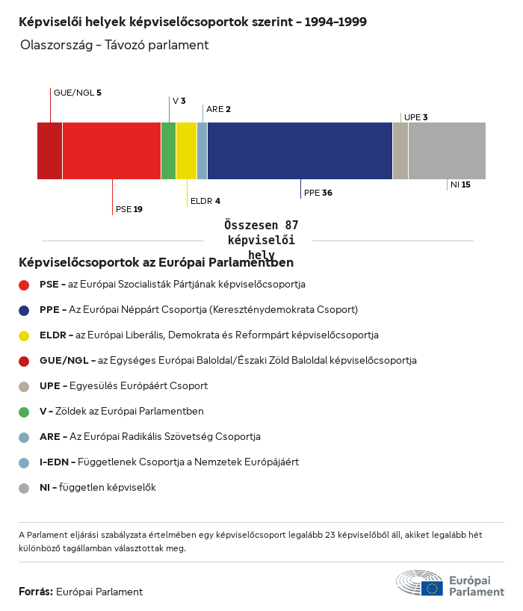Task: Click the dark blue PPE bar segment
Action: click(x=300, y=151)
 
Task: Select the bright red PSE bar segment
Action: click(x=111, y=151)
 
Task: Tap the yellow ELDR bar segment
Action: click(x=186, y=151)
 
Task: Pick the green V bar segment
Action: click(x=168, y=151)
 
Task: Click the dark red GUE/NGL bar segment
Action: click(x=49, y=151)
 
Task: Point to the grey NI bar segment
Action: click(x=447, y=151)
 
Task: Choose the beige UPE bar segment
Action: click(x=400, y=151)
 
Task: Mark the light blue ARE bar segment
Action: click(x=202, y=151)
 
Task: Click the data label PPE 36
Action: click(x=318, y=193)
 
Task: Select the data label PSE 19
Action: click(x=129, y=209)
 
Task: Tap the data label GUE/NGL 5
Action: click(x=77, y=93)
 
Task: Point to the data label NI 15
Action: click(x=459, y=184)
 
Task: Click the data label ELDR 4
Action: click(x=205, y=201)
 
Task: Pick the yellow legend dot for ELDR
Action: click(x=24, y=335)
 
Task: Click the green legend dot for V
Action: click(x=24, y=412)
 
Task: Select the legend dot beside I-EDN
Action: click(x=24, y=462)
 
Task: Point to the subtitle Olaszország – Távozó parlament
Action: click(x=114, y=46)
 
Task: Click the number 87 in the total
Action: click(x=291, y=225)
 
